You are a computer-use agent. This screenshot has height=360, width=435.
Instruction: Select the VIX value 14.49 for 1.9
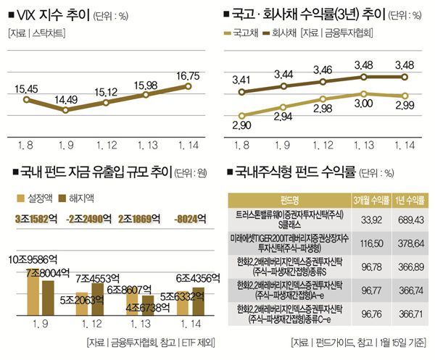65,99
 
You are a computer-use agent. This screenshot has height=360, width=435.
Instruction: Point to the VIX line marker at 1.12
105,103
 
